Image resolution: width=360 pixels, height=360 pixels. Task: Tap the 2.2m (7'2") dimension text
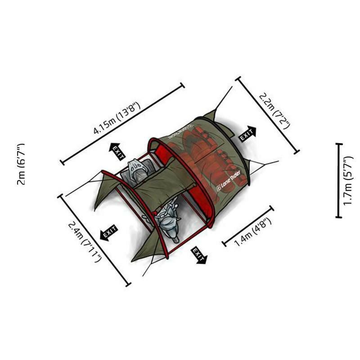coord(274,111)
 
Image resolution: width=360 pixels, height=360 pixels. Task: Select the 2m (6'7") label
coord(21,164)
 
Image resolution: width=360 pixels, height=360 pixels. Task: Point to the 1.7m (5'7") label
coord(348,180)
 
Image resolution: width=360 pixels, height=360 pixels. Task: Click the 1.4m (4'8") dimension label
coord(253,232)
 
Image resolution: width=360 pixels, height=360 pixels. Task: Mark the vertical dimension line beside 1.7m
coord(339,180)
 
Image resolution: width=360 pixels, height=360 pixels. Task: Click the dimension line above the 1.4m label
coord(248,226)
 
